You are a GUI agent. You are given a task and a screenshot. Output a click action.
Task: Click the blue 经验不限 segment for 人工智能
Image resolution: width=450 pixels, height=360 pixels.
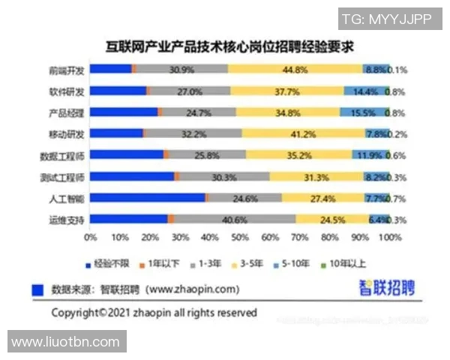[147, 199]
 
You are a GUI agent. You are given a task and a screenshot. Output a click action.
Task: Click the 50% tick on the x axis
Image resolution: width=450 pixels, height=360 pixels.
[239, 238]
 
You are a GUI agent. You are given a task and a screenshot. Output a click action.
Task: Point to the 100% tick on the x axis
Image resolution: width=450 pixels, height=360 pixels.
[388, 238]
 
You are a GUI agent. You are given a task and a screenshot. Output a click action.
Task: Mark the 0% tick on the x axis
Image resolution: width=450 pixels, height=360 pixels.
[91, 238]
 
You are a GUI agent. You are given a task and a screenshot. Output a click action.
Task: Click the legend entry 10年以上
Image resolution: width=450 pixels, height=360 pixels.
[346, 264]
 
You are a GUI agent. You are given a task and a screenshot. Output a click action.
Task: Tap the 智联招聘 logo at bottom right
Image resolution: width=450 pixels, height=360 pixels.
[386, 287]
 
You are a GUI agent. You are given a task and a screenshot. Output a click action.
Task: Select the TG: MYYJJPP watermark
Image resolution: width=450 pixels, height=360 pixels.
[386, 19]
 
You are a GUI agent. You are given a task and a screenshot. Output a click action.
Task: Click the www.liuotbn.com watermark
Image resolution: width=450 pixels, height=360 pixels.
[66, 341]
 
